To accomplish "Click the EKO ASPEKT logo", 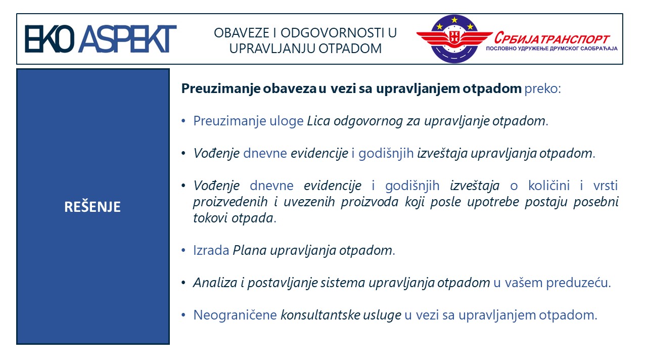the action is click(x=101, y=39).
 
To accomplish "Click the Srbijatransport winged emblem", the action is click(x=454, y=39).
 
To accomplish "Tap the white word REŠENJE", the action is click(x=93, y=207).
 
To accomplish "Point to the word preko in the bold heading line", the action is click(x=541, y=88).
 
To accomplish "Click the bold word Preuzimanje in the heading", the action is click(x=221, y=88).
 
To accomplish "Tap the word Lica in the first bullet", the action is click(x=318, y=121).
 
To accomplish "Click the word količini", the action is click(x=549, y=186).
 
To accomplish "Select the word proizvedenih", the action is click(x=230, y=202).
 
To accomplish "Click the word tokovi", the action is click(x=211, y=218).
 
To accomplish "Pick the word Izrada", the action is click(x=211, y=250).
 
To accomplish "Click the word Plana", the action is click(x=250, y=250).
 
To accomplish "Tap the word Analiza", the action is click(x=215, y=283).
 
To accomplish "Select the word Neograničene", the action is click(x=235, y=315).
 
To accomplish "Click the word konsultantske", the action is click(x=320, y=315).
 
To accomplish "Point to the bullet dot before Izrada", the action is click(x=183, y=251).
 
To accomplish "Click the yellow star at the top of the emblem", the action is click(x=454, y=20).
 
